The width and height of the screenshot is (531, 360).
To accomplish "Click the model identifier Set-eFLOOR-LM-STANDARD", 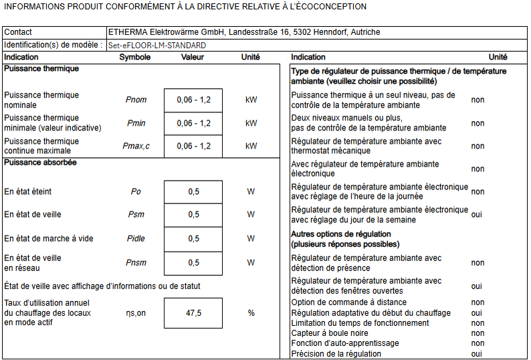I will pyautogui.click(x=157, y=46).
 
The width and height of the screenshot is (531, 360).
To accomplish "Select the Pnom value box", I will pyautogui.click(x=193, y=100).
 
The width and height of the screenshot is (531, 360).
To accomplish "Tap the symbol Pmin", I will pyautogui.click(x=136, y=123).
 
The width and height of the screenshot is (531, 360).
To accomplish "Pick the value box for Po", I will pyautogui.click(x=193, y=192).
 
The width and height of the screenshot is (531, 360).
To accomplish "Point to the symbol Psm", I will pyautogui.click(x=136, y=215).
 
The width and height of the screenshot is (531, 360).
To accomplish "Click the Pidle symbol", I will pyautogui.click(x=136, y=238).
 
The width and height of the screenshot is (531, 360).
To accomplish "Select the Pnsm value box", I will pyautogui.click(x=193, y=263).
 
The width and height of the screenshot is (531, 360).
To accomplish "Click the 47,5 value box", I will pyautogui.click(x=193, y=312).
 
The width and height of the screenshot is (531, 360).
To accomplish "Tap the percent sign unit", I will pyautogui.click(x=251, y=312).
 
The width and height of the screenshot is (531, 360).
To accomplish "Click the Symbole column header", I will pyautogui.click(x=135, y=58).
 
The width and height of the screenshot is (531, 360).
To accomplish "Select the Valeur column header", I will pyautogui.click(x=193, y=58).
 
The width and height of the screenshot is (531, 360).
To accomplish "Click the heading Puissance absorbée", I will pyautogui.click(x=40, y=163).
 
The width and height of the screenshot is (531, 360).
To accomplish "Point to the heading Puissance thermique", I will pyautogui.click(x=41, y=69).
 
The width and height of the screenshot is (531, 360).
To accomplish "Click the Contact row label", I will pyautogui.click(x=18, y=32).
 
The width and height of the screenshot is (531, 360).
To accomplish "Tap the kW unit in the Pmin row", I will pyautogui.click(x=251, y=123).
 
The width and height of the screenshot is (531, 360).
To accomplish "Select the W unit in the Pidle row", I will pyautogui.click(x=251, y=238).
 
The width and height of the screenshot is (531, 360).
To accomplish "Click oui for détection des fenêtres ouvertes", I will pyautogui.click(x=477, y=286).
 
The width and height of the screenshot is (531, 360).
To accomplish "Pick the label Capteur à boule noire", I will pyautogui.click(x=330, y=333).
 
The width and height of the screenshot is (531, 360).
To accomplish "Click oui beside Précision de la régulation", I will pyautogui.click(x=477, y=354).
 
